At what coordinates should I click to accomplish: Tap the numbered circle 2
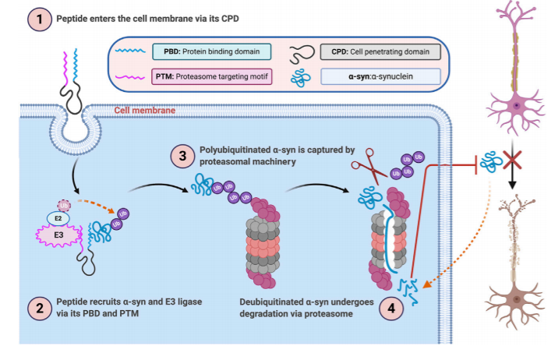pos(37,307)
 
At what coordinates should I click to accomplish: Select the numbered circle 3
pos(182,156)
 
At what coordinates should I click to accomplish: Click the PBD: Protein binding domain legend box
pos(210,53)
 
